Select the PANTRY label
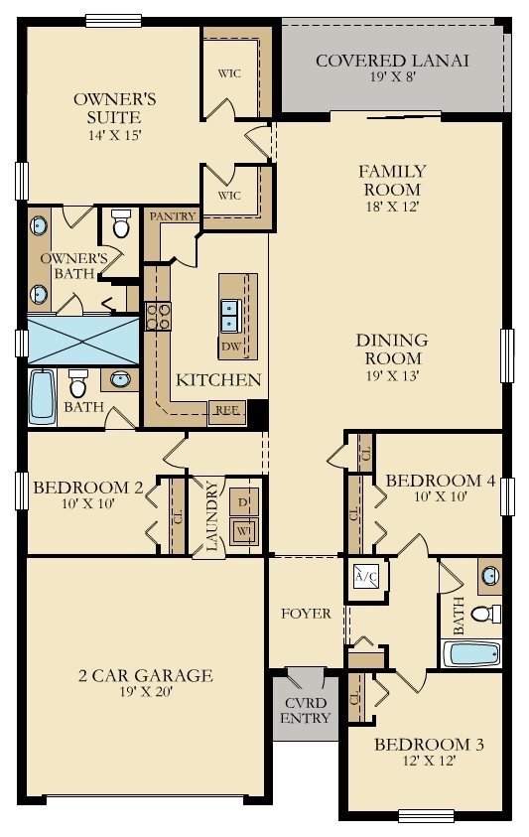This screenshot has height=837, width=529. tap(172, 215)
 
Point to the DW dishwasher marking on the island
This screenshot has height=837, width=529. tap(230, 346)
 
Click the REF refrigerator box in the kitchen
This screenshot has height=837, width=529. tap(226, 409)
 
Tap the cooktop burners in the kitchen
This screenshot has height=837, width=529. tap(159, 316)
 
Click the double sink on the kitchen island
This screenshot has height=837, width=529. tap(230, 315)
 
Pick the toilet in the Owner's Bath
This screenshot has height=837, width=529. tap(121, 224)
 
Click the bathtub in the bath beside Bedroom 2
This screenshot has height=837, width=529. tap(42, 396)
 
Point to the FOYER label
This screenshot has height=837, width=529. tap(306, 614)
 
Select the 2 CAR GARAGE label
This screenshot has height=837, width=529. tap(146, 676)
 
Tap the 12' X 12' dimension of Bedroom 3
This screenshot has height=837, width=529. tap(429, 761)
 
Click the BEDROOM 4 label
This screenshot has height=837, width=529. tap(440, 481)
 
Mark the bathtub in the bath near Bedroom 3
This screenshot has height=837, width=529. tap(470, 654)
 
